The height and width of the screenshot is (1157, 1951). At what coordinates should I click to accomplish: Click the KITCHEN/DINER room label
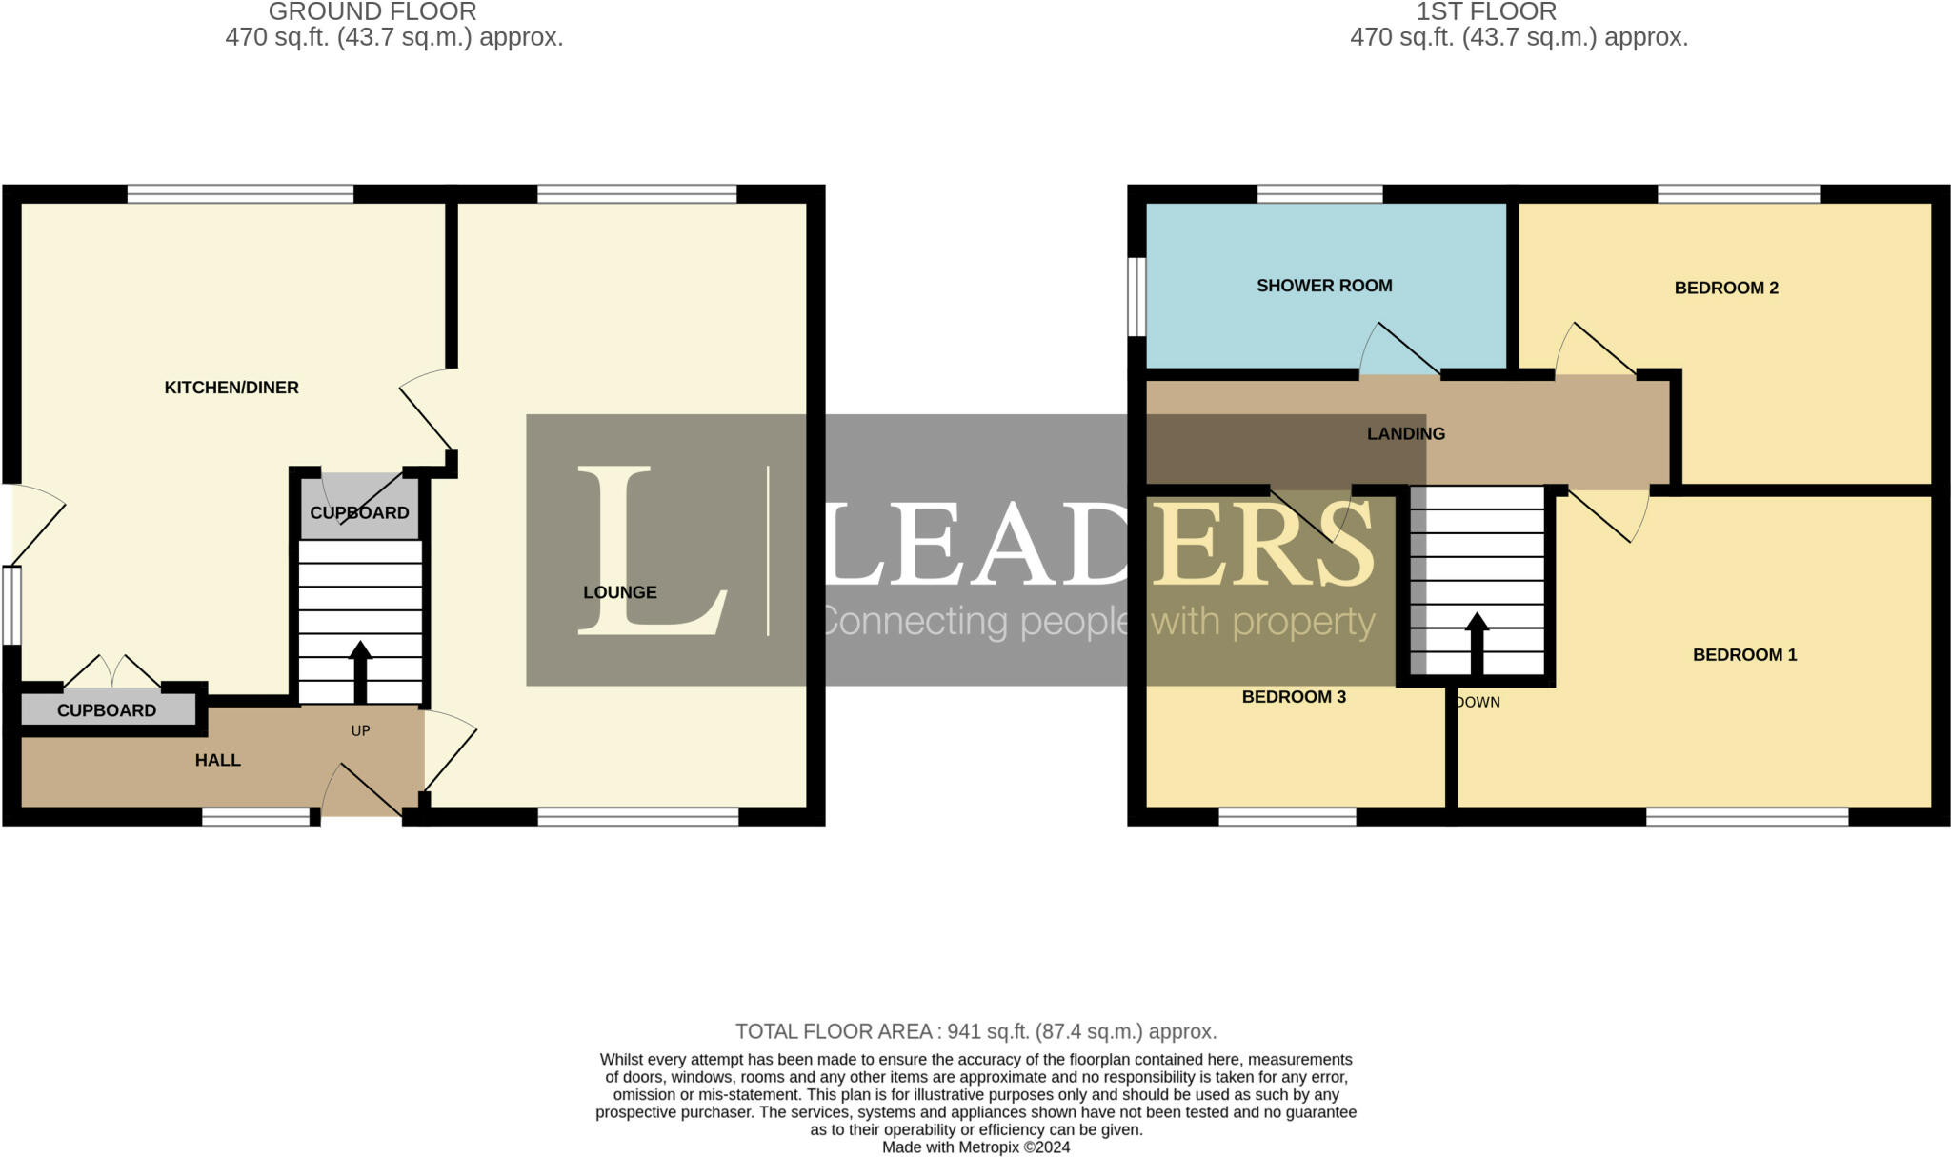[x=231, y=388]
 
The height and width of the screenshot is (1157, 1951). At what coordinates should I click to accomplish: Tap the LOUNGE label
[x=620, y=592]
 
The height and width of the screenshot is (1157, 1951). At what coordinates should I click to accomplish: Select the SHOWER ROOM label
[x=1324, y=286]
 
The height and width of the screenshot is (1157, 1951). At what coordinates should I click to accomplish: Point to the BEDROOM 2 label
[x=1726, y=288]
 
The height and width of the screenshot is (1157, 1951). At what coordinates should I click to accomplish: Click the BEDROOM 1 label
[x=1744, y=655]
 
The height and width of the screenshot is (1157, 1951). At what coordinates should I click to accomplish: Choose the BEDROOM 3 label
[x=1294, y=697]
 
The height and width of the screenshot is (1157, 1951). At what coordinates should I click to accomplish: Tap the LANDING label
[x=1406, y=434]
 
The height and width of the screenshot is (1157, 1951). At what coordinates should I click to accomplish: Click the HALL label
[x=217, y=760]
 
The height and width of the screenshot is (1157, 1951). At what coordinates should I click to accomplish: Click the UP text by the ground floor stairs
[x=360, y=731]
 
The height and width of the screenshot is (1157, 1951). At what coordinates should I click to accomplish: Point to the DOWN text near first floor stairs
[x=1478, y=703]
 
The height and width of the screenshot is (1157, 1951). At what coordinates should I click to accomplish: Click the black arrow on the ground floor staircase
[x=360, y=670]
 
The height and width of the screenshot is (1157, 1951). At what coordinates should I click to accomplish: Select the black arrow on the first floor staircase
[x=1477, y=642]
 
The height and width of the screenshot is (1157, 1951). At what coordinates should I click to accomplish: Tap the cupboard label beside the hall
[x=107, y=710]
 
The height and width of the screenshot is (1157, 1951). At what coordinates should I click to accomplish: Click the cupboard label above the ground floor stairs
[x=359, y=513]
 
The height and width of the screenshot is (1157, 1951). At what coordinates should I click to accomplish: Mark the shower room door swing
[x=1396, y=352]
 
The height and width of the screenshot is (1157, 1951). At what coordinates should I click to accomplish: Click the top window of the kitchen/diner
[x=240, y=194]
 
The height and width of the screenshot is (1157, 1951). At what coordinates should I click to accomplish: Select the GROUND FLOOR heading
[x=372, y=12]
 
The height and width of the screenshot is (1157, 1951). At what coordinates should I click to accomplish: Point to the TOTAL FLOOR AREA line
[x=975, y=1031]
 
